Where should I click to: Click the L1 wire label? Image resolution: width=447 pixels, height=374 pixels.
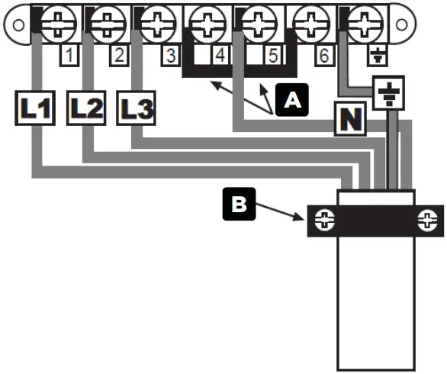[x=34, y=108]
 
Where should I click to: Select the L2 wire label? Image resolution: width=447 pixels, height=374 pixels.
[x=85, y=108]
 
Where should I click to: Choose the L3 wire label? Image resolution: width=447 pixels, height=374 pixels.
[x=136, y=108]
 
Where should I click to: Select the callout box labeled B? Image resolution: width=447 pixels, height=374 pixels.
[x=239, y=205]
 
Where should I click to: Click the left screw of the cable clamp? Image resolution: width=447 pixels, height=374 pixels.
[x=325, y=221]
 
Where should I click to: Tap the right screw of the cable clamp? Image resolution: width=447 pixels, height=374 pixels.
[x=427, y=221]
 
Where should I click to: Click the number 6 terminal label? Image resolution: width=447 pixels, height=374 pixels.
[x=323, y=56]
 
